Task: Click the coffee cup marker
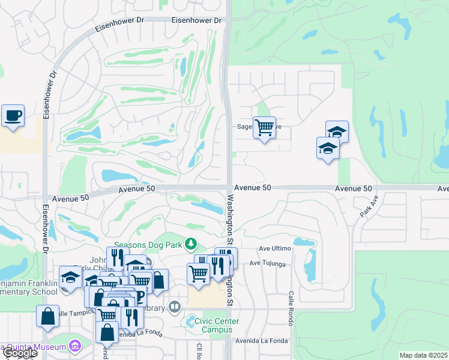[13, 115]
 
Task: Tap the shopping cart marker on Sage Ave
[264, 127]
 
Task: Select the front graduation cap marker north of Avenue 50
[328, 148]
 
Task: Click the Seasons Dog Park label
[148, 244]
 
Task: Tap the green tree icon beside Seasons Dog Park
[191, 244]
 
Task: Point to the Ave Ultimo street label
[275, 248]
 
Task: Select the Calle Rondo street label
[290, 310]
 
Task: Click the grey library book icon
[175, 307]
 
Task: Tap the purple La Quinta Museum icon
[74, 346]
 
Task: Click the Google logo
[20, 353]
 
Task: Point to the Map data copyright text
[423, 355]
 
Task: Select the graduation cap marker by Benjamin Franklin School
[70, 280]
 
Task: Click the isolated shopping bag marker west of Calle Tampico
[47, 316]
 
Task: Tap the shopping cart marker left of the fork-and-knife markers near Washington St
[198, 273]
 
